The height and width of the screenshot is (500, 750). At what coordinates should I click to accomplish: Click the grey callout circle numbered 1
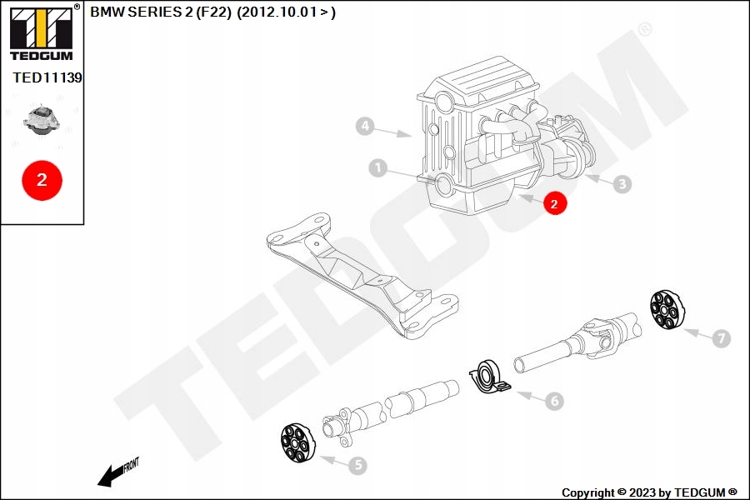pos(378,168)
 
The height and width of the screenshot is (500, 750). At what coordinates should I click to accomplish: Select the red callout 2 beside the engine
pos(555,202)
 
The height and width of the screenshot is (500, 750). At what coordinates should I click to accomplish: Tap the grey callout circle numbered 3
pos(622,184)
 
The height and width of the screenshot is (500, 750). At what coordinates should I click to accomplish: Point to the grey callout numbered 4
pos(364,127)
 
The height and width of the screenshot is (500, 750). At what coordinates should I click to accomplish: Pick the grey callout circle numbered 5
pos(357,466)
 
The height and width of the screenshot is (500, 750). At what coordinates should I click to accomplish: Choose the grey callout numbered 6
pos(554,401)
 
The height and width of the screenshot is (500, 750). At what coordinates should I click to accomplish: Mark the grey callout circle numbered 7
pos(722,337)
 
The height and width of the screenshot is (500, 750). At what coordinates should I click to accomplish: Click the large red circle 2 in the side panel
pos(42,179)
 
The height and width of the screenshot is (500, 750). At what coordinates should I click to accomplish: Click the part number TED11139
pos(47,77)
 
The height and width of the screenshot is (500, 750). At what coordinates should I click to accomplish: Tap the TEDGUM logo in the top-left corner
pos(41,32)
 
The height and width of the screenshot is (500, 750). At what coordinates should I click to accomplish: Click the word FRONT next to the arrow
pos(131,464)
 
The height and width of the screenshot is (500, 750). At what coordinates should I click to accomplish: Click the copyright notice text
pos(649,492)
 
